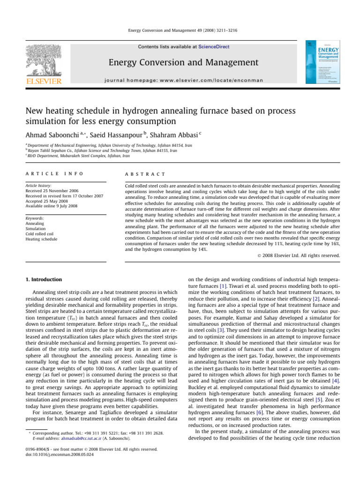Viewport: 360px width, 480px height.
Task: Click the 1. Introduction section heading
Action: (43, 279)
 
